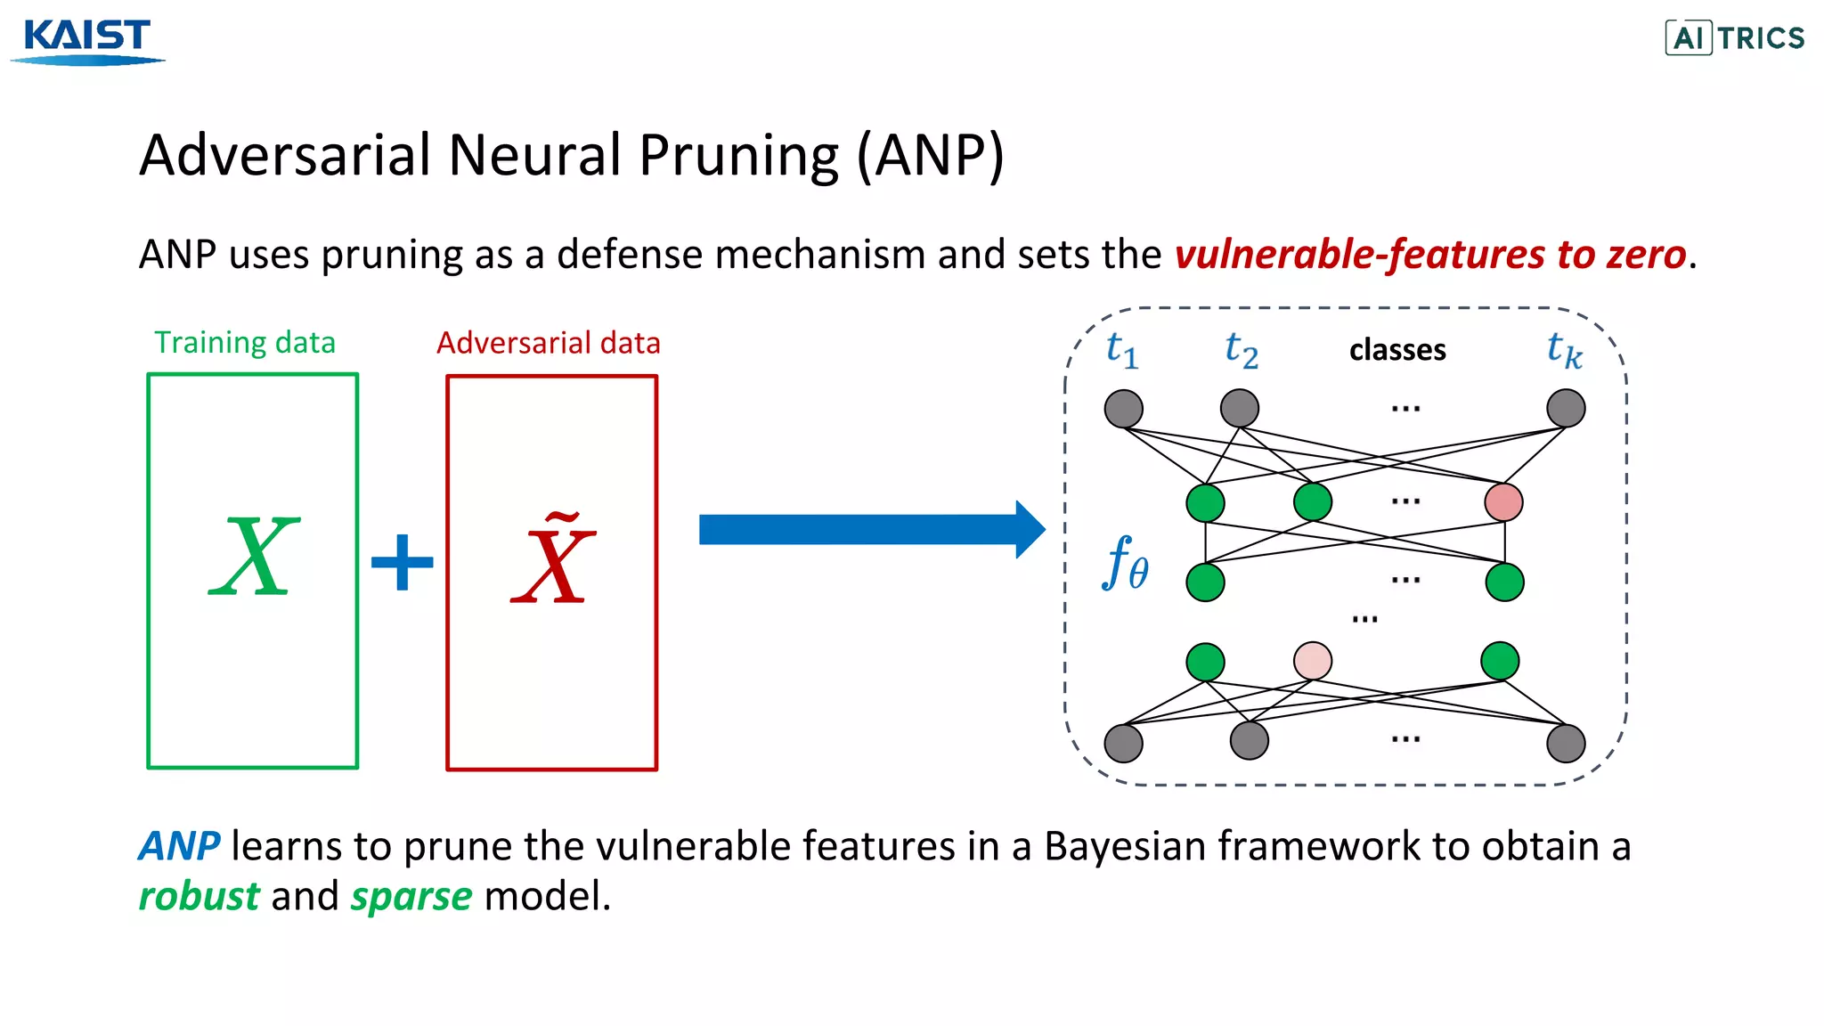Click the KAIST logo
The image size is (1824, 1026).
tap(87, 40)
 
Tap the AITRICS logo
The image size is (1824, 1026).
tap(1734, 38)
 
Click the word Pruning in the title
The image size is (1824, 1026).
tap(738, 156)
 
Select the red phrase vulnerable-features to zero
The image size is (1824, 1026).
tap(1429, 255)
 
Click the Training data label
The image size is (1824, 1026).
tap(245, 343)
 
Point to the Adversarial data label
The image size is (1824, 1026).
tap(548, 343)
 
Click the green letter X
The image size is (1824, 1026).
tap(254, 558)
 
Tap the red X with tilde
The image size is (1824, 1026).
tap(553, 561)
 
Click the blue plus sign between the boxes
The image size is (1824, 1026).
tap(402, 562)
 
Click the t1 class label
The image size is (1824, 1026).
tap(1121, 349)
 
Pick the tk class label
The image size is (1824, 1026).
tap(1564, 350)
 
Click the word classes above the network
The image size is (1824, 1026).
tap(1396, 350)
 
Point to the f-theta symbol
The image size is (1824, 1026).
tap(1126, 564)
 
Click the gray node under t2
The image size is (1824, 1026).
tap(1239, 409)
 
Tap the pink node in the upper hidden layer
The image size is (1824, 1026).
tap(1503, 502)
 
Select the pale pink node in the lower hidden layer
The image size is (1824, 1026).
tap(1312, 661)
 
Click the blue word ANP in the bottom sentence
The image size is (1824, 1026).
tap(179, 846)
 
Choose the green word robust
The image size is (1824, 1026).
tap(199, 896)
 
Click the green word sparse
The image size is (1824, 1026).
tap(411, 896)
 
